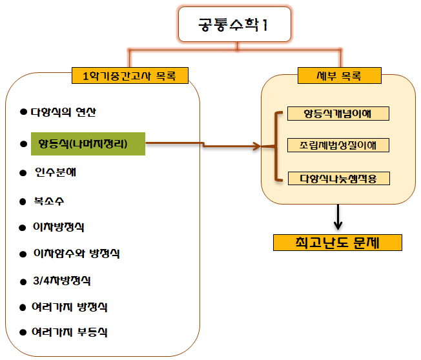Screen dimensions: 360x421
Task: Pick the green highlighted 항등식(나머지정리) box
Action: click(88, 143)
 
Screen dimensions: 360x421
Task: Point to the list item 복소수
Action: click(49, 201)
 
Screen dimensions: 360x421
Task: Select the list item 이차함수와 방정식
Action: click(76, 254)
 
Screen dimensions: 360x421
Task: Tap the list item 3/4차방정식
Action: click(62, 281)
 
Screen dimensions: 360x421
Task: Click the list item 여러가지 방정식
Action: click(72, 306)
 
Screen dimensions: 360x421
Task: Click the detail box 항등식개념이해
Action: click(338, 114)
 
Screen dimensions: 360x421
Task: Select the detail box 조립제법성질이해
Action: click(338, 145)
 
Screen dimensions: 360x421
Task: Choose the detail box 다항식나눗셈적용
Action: click(338, 177)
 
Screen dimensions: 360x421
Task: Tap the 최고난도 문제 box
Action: click(338, 243)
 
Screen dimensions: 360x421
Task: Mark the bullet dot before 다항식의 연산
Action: click(25, 112)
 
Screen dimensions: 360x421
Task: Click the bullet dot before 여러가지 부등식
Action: click(25, 332)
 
